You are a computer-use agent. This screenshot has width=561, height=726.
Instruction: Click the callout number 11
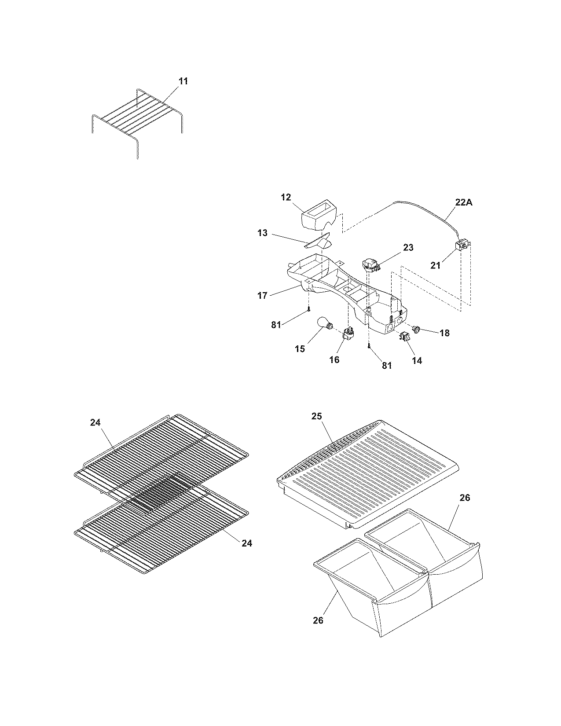pyautogui.click(x=183, y=81)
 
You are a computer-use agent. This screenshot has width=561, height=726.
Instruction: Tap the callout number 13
pyautogui.click(x=263, y=233)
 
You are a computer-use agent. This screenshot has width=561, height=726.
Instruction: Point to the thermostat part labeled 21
pyautogui.click(x=462, y=246)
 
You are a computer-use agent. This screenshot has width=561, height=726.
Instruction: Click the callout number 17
pyautogui.click(x=262, y=295)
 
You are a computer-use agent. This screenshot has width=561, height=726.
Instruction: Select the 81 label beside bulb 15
pyautogui.click(x=276, y=325)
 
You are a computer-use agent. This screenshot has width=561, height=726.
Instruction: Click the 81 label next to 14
pyautogui.click(x=386, y=365)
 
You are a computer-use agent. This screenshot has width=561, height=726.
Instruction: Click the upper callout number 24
pyautogui.click(x=95, y=422)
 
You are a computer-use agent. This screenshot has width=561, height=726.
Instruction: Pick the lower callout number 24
pyautogui.click(x=247, y=543)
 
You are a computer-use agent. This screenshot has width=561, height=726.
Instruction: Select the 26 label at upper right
pyautogui.click(x=465, y=498)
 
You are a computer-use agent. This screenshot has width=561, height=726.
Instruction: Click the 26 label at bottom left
pyautogui.click(x=318, y=620)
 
